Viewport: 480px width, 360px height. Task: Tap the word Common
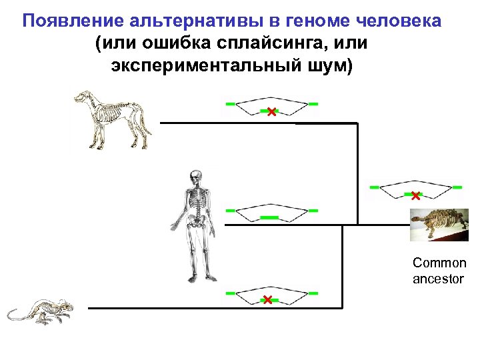(x=439, y=263)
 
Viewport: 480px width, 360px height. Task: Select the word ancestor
(x=438, y=279)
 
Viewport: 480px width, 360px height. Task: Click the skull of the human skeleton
(x=195, y=179)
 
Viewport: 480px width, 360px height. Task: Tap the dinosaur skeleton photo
(x=439, y=225)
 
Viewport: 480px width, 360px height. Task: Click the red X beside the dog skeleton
(x=271, y=113)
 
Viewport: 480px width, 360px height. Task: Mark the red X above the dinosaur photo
(x=415, y=196)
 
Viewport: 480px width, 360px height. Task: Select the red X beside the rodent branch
(x=267, y=300)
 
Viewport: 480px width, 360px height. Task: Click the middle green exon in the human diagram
(x=269, y=218)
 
